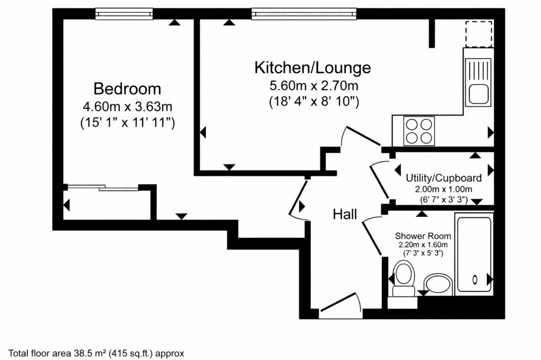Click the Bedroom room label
pos(127,88)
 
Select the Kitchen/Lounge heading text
pos(312,68)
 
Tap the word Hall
pos(345,214)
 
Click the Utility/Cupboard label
pos(443,178)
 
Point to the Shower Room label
pos(423,236)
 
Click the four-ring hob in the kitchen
pos(418,130)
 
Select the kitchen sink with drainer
pos(479,82)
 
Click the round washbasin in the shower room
pos(438,283)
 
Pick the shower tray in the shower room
pos(475,253)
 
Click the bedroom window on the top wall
pos(124,14)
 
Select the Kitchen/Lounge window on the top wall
pos(303,14)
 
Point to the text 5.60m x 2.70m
pos(313,85)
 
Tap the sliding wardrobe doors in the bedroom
pos(103,187)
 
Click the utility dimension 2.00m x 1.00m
pos(443,189)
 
